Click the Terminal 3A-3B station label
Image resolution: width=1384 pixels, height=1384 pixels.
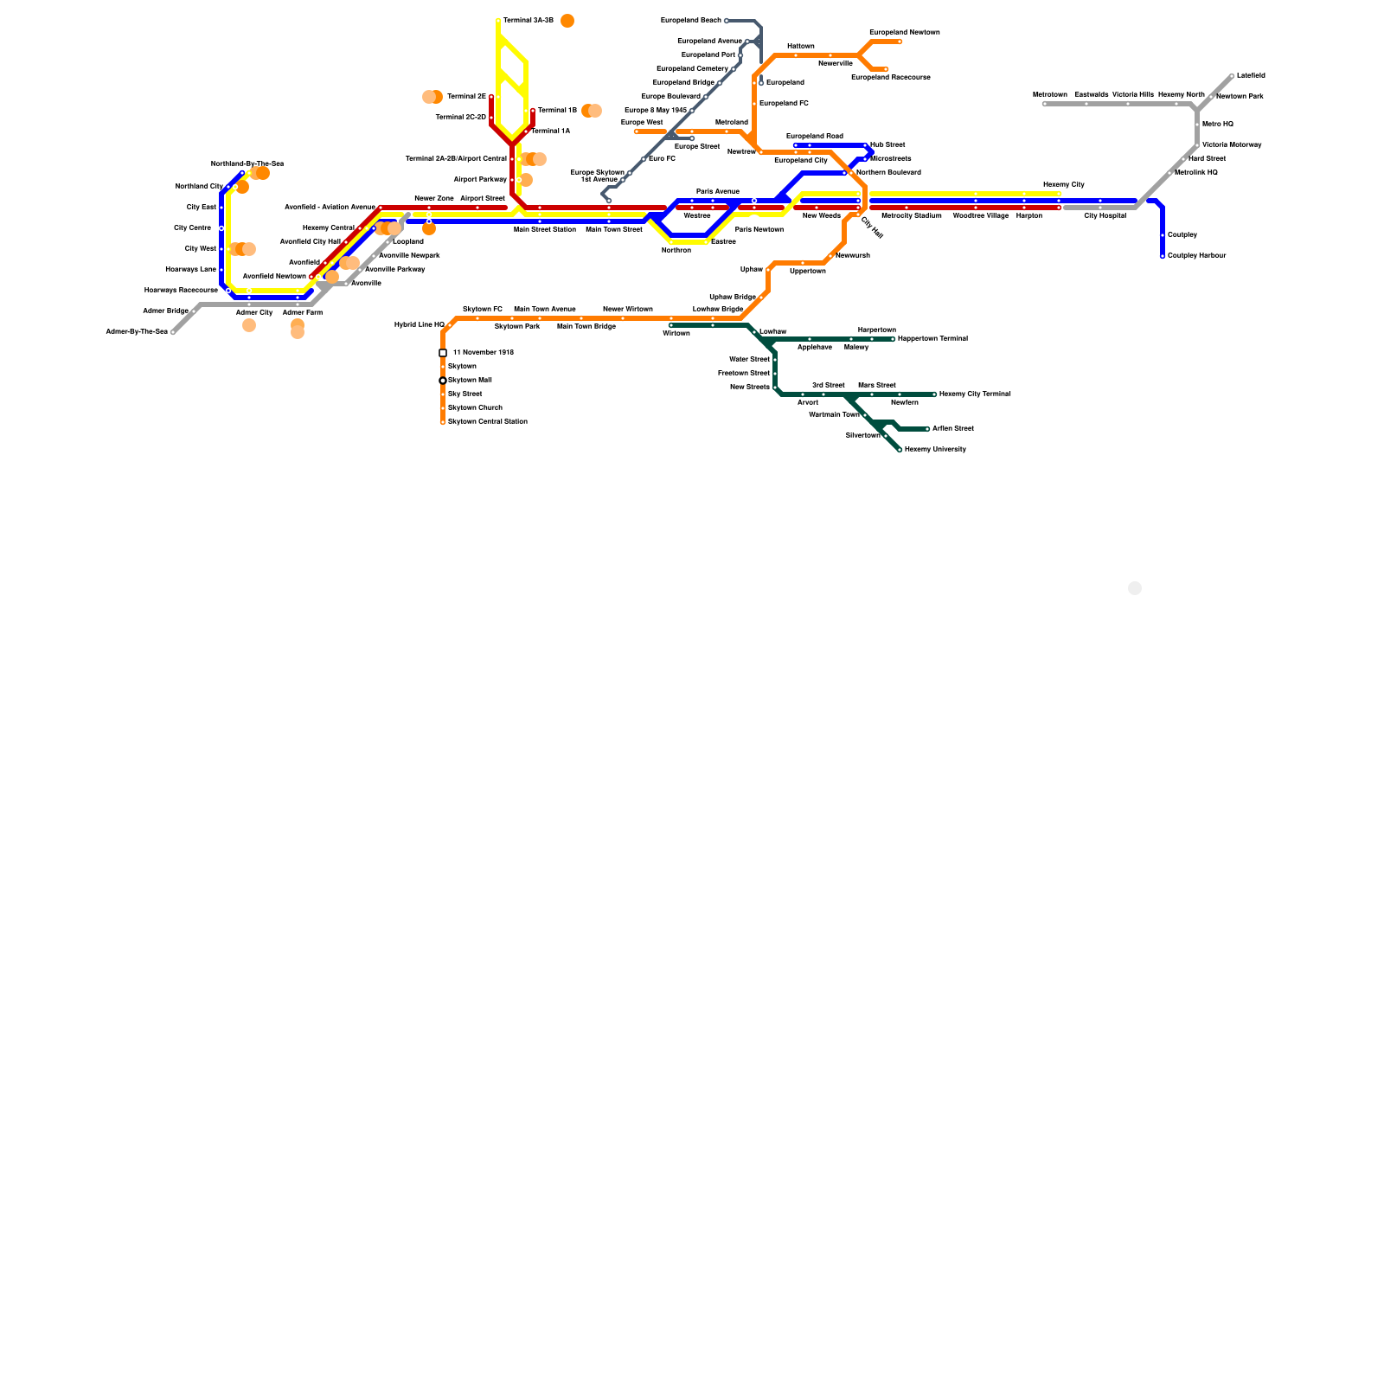[x=528, y=20]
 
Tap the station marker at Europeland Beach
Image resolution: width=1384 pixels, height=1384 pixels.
[x=727, y=21]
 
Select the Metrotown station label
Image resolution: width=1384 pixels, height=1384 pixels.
[x=1049, y=94]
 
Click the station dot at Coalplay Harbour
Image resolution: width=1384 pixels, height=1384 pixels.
[x=1163, y=256]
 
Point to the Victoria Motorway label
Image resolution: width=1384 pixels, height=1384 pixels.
[x=1231, y=144]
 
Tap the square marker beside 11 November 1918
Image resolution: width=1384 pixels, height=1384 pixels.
[x=443, y=353]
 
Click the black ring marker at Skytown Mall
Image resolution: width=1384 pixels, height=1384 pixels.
[x=443, y=381]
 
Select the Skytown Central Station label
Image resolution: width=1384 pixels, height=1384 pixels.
[x=487, y=421]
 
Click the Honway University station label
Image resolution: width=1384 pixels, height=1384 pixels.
[x=934, y=449]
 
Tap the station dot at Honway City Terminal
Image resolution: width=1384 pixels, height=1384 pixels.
[x=934, y=394]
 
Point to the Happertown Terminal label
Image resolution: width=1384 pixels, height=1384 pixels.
[x=932, y=338]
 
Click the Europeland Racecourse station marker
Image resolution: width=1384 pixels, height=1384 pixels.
[x=886, y=69]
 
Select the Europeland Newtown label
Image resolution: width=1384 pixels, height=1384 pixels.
[x=904, y=32]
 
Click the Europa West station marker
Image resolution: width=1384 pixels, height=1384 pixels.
[x=637, y=131]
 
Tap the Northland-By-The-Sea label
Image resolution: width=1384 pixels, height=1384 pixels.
[x=247, y=163]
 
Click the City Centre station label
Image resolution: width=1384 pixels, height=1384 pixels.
[x=192, y=227]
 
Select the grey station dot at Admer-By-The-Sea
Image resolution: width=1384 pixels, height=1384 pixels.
[x=173, y=332]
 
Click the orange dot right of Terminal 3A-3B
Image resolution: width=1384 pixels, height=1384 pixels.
[x=567, y=21]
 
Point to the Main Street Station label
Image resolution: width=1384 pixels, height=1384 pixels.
[x=544, y=229]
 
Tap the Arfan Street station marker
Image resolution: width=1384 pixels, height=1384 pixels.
[x=927, y=429]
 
